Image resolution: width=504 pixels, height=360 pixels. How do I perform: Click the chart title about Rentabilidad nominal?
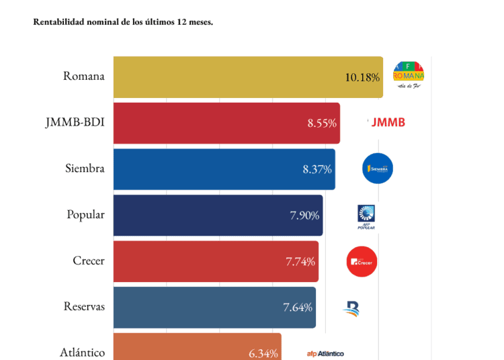point(123,22)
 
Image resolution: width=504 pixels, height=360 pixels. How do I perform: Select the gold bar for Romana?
point(228,77)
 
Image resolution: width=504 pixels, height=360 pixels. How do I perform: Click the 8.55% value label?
point(321,124)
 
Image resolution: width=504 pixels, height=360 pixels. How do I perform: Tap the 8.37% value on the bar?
point(317,169)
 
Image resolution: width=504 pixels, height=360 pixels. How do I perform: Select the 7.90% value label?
point(304,216)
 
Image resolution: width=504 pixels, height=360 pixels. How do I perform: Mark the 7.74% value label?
point(300,261)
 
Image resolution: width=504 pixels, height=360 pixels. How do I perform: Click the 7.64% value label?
point(297,308)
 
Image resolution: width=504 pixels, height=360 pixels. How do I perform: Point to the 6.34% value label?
point(263,353)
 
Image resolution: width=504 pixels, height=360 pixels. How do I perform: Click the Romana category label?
point(84,76)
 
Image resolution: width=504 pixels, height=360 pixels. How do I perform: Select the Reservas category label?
point(84,307)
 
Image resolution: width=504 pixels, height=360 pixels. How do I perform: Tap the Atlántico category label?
point(82,353)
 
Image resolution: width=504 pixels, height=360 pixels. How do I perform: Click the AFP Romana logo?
point(409,75)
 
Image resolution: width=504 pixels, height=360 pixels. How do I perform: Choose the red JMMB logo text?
point(387,122)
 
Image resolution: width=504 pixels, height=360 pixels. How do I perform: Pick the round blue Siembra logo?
point(377,169)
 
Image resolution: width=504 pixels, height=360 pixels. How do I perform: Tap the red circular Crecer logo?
point(362,261)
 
